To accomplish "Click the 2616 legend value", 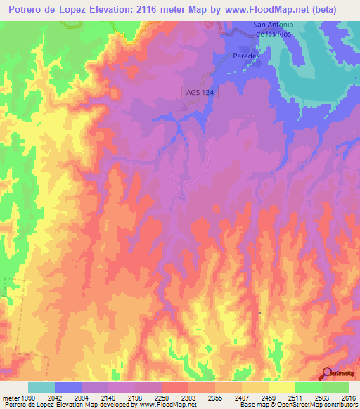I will pos(348,397).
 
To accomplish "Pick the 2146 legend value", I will pos(109,397).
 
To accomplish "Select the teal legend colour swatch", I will pos(41,387).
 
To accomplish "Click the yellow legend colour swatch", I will pos(281,387).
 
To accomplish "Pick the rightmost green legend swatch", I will pos(335,387).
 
